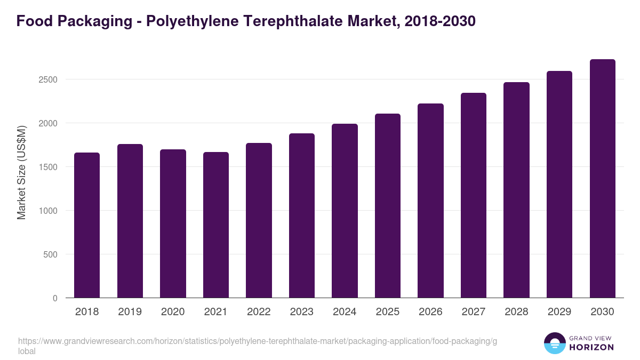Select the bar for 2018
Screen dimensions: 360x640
87,225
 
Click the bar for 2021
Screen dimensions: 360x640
215,225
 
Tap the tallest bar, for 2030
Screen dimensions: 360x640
602,179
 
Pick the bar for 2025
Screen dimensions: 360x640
387,206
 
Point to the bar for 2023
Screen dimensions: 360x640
301,215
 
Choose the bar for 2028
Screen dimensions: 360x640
516,190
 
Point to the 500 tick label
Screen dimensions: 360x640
50,254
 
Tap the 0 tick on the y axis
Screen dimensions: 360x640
55,298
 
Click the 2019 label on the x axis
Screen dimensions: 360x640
130,312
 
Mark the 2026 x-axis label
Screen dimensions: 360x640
430,312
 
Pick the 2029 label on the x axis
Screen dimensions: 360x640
559,312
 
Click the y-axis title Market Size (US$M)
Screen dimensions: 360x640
22,172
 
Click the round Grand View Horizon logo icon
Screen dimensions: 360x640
555,343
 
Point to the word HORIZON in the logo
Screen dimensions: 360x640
591,347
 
